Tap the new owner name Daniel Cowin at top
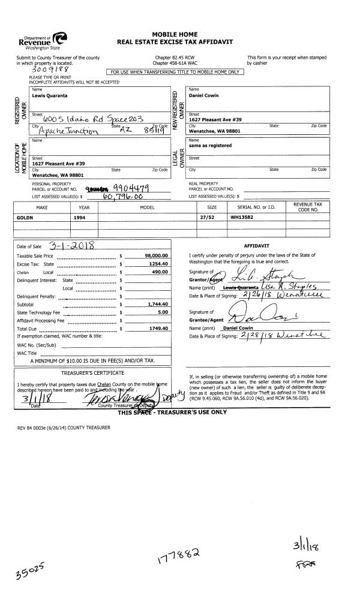(203, 96)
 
